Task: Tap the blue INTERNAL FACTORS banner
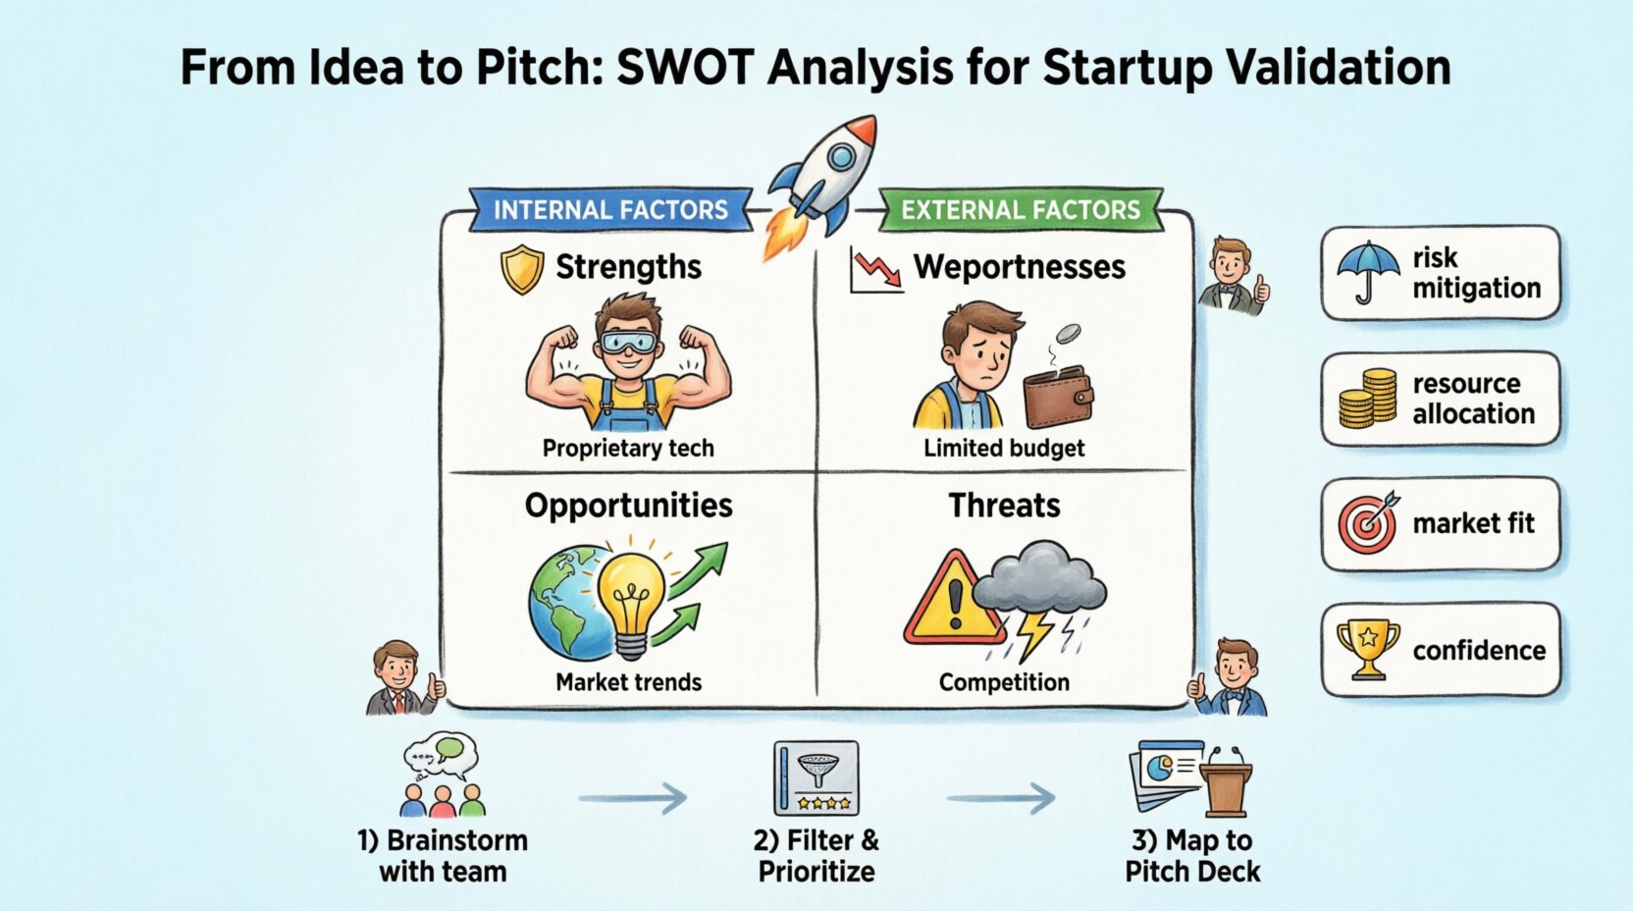pyautogui.click(x=610, y=210)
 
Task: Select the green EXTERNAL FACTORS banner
pyautogui.click(x=1021, y=210)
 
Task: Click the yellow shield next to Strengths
pyautogui.click(x=522, y=269)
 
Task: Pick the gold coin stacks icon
pyautogui.click(x=1368, y=398)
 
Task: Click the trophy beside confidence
pyautogui.click(x=1368, y=648)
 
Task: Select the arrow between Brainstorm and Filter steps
pyautogui.click(x=633, y=798)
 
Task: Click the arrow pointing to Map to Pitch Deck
pyautogui.click(x=1001, y=798)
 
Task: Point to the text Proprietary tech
pyautogui.click(x=628, y=449)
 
